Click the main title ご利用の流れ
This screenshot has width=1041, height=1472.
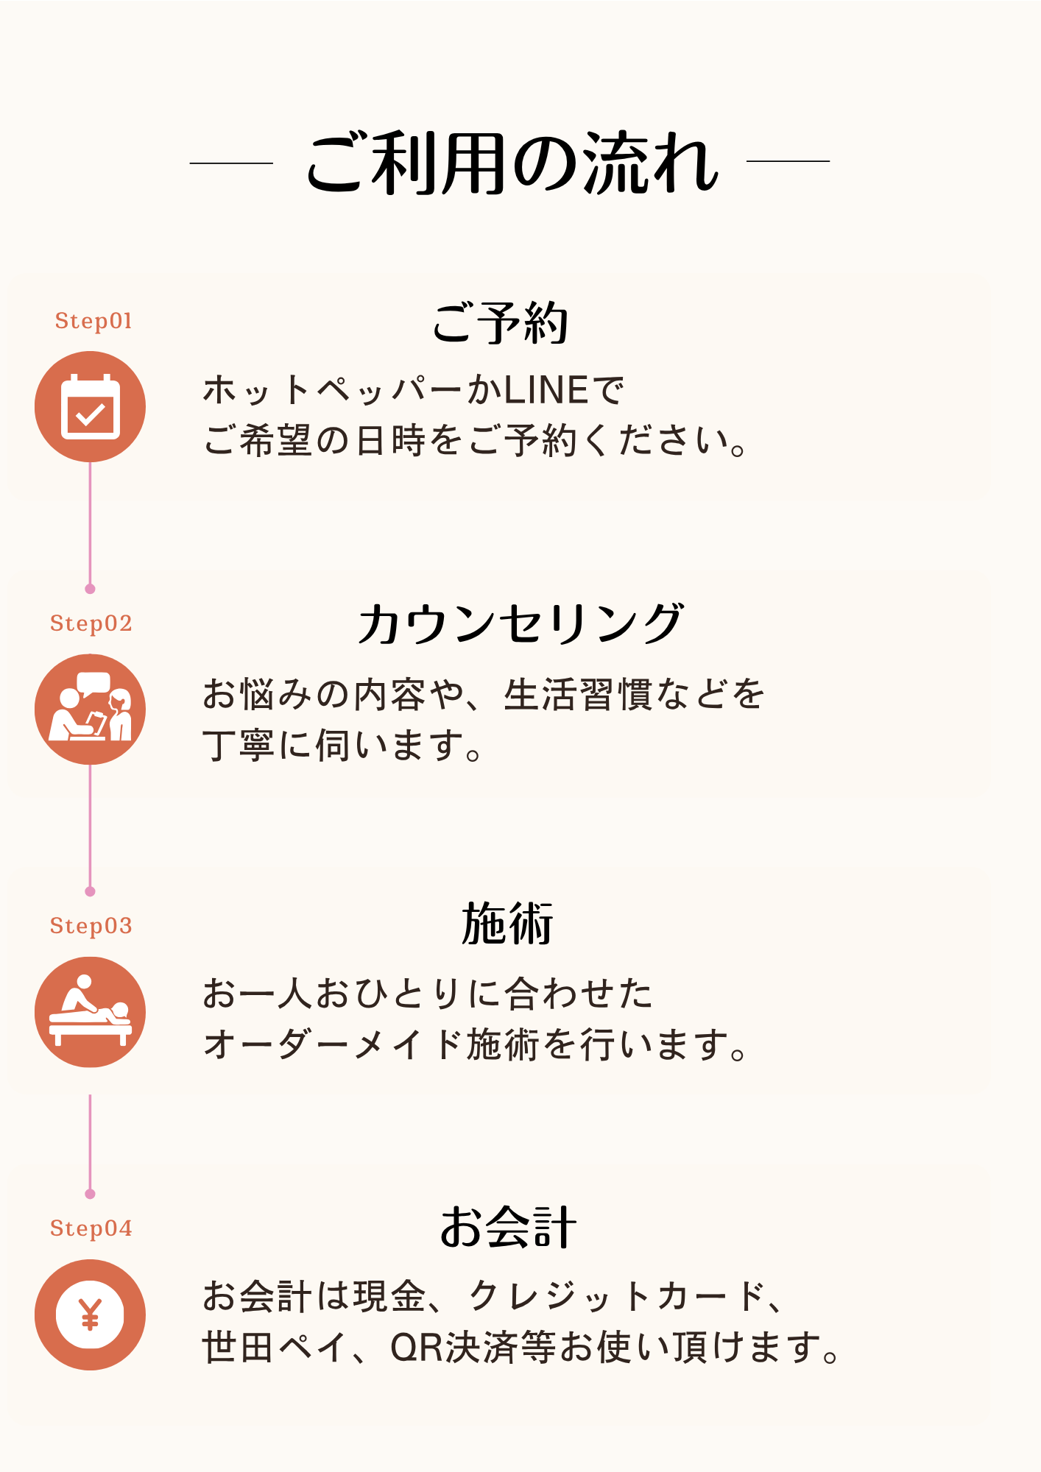point(512,163)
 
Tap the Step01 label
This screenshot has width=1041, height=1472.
point(93,321)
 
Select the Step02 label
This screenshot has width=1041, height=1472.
point(91,623)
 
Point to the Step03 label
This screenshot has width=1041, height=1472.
point(91,926)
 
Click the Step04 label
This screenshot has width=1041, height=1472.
point(91,1228)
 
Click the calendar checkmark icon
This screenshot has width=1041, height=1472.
point(91,406)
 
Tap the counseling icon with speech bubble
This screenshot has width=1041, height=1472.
point(91,709)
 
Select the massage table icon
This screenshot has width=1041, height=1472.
point(91,1012)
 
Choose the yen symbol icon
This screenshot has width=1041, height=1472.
point(91,1314)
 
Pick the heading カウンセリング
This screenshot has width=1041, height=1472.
point(520,624)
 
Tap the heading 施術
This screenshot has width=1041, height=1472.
point(507,924)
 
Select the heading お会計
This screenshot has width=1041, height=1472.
point(508,1227)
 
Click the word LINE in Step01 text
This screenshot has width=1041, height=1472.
point(546,390)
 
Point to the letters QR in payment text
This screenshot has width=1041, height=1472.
point(417,1348)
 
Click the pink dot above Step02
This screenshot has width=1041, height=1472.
point(90,589)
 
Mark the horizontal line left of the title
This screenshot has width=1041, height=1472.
point(231,162)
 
